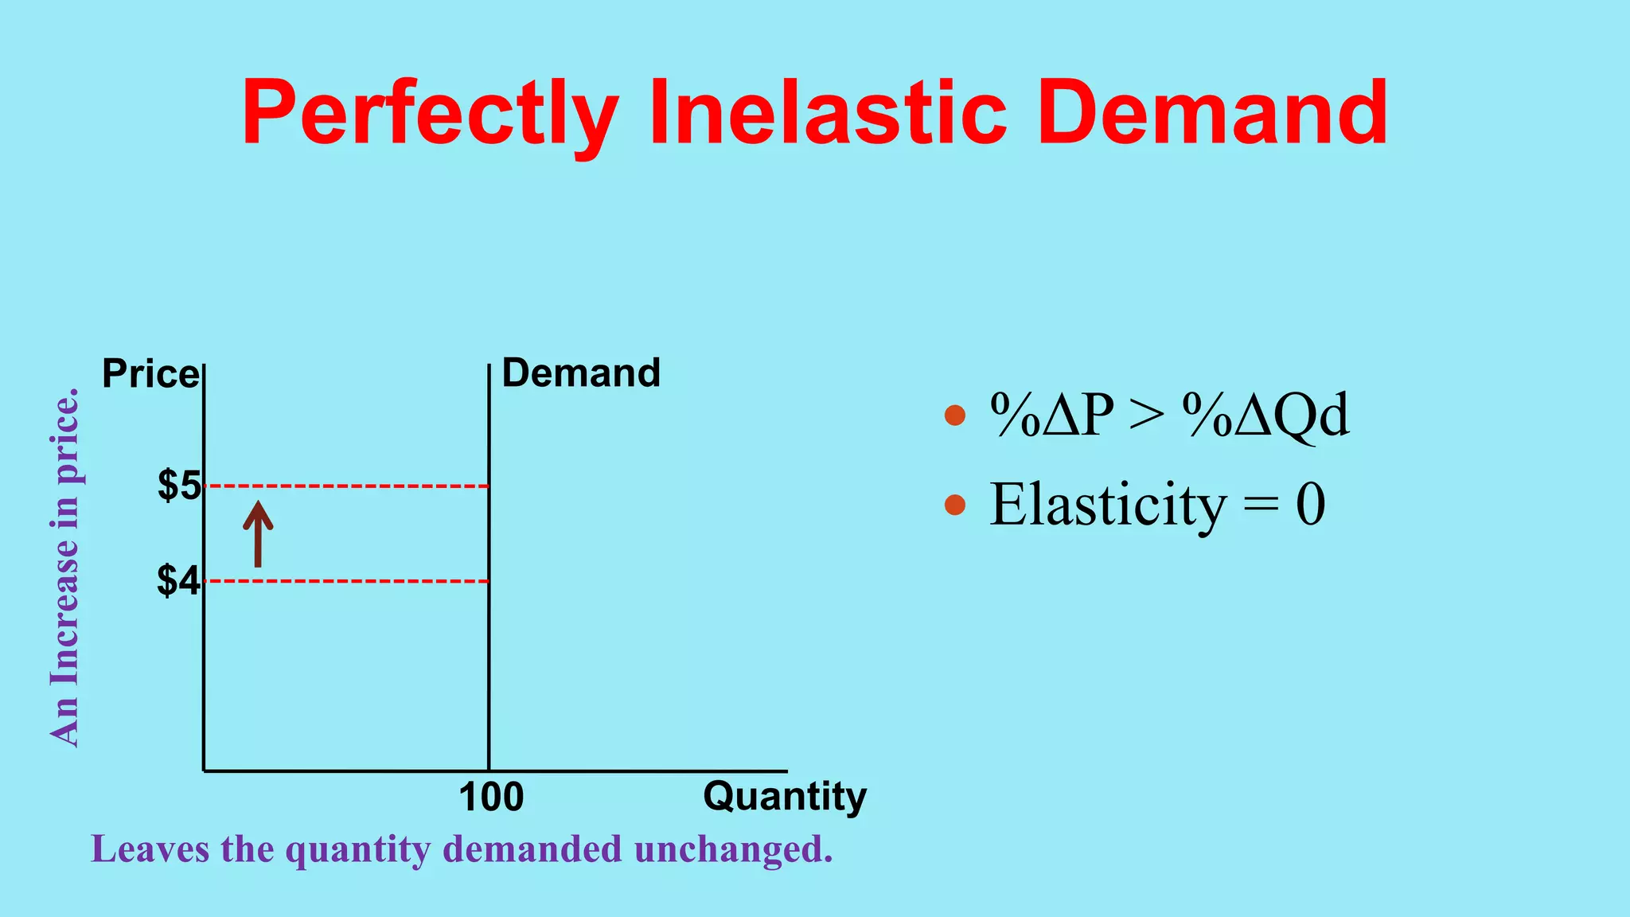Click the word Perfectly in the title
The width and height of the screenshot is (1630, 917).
(x=430, y=113)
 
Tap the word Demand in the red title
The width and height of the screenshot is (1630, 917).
(x=1213, y=113)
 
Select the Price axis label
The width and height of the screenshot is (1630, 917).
(x=150, y=374)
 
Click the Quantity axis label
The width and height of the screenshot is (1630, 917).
(x=784, y=797)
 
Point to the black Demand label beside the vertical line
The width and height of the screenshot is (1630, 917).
(x=581, y=373)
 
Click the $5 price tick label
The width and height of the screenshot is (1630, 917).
(x=179, y=486)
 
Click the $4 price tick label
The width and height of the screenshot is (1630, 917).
(x=178, y=581)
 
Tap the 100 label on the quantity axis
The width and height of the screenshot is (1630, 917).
(x=491, y=797)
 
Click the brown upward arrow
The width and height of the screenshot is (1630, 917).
(x=258, y=533)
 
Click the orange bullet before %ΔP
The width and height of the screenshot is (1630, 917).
(x=954, y=416)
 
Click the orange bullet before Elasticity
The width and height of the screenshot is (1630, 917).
(x=954, y=505)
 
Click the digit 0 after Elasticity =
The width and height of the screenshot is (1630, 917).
(x=1310, y=505)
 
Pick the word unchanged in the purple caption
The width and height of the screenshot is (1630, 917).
(x=733, y=849)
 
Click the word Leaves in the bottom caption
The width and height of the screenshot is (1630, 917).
(x=150, y=849)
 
